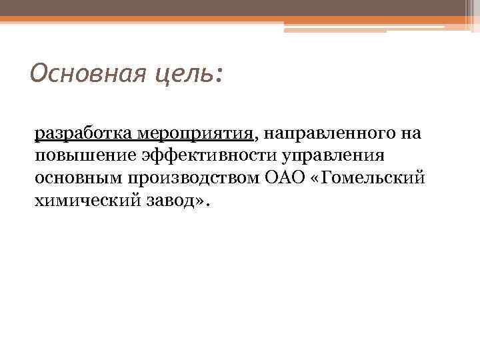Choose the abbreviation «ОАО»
279,179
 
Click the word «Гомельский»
373,179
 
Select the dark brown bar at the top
227,9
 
